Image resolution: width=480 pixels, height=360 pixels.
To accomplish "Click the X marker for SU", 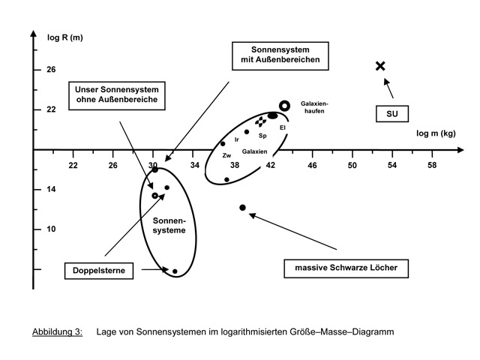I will pyautogui.click(x=380, y=66).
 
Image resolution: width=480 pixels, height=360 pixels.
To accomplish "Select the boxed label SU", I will pyautogui.click(x=391, y=114).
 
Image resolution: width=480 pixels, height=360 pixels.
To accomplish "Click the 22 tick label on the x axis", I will pyautogui.click(x=73, y=164).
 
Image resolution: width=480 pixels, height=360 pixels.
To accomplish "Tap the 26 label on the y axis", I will pyautogui.click(x=51, y=70).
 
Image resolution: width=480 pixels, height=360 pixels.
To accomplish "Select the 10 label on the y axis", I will pyautogui.click(x=51, y=229).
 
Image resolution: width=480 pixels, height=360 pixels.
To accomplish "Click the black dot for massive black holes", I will pyautogui.click(x=242, y=208).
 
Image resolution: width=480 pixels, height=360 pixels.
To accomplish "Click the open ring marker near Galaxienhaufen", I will pyautogui.click(x=284, y=106).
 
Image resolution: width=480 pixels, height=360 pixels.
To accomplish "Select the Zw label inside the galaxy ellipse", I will pyautogui.click(x=226, y=155).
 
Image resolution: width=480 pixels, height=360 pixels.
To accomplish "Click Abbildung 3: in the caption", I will pyautogui.click(x=57, y=331).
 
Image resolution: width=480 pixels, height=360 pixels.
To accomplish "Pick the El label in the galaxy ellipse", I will pyautogui.click(x=283, y=127).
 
